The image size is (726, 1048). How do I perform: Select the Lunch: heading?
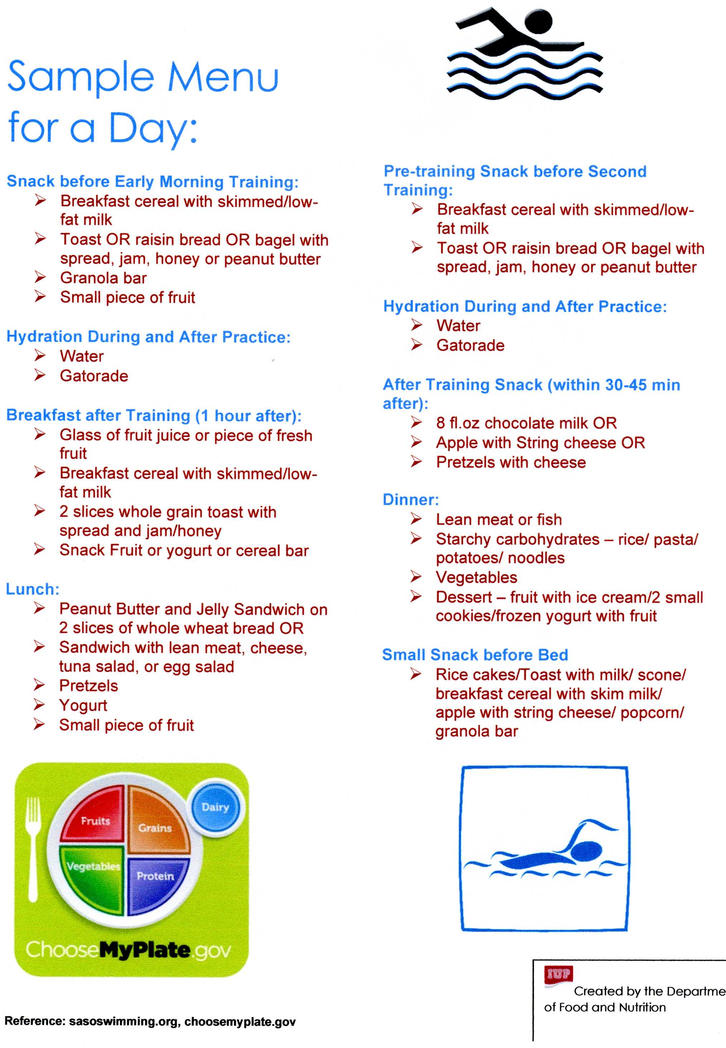(32, 589)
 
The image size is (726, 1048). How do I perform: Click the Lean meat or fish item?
(499, 519)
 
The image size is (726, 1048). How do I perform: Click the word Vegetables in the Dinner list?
(476, 577)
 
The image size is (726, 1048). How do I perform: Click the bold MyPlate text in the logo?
(144, 950)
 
